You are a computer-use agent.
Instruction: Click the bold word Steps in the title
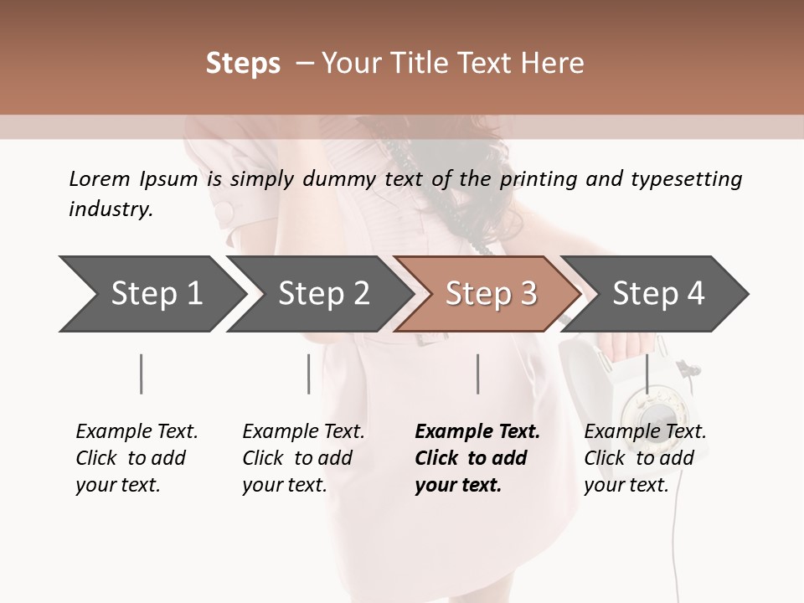coord(243,64)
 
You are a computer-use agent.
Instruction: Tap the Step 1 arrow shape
coord(151,293)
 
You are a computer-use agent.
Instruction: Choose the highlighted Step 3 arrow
coord(487,293)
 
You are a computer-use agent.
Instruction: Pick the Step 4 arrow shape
coord(655,293)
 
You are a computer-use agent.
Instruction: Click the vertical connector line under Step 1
coord(142,374)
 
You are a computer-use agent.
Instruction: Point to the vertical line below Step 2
coord(309,374)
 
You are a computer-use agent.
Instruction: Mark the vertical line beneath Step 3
coord(477,374)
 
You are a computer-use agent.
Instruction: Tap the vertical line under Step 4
coord(646,374)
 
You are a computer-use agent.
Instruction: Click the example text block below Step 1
coord(137,458)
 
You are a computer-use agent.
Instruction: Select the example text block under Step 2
coord(303,458)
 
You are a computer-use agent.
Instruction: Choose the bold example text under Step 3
coord(477,458)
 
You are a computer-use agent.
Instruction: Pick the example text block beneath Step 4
coord(645,458)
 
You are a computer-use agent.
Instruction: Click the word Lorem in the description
coord(100,178)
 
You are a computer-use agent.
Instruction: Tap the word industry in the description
coord(110,209)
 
